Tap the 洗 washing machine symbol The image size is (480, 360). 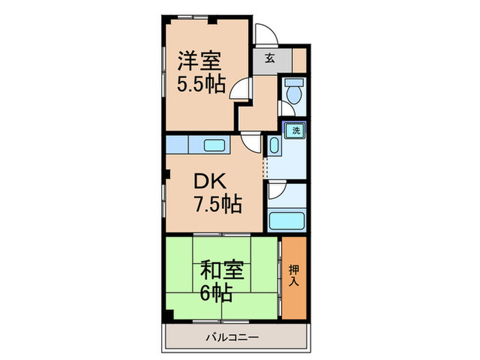[296, 130]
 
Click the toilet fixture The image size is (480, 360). [294, 93]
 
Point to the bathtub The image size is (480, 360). [287, 221]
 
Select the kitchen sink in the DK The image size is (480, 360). [218, 145]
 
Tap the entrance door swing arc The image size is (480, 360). [263, 34]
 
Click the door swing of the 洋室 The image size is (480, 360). [239, 90]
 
